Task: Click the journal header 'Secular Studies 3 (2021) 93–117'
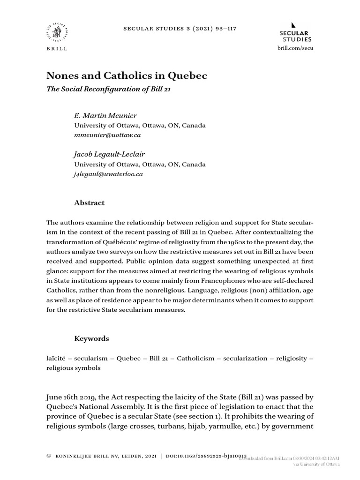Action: coord(180,28)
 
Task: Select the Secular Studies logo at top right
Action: coord(294,33)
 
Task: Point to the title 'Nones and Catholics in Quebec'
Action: coord(127,75)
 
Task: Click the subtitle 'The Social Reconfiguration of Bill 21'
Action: coord(107,89)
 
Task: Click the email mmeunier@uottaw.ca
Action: coord(107,135)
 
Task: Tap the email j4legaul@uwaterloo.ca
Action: coord(109,174)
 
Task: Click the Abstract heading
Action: coord(90,202)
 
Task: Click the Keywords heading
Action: coord(92,338)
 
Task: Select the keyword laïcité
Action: coord(56,358)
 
